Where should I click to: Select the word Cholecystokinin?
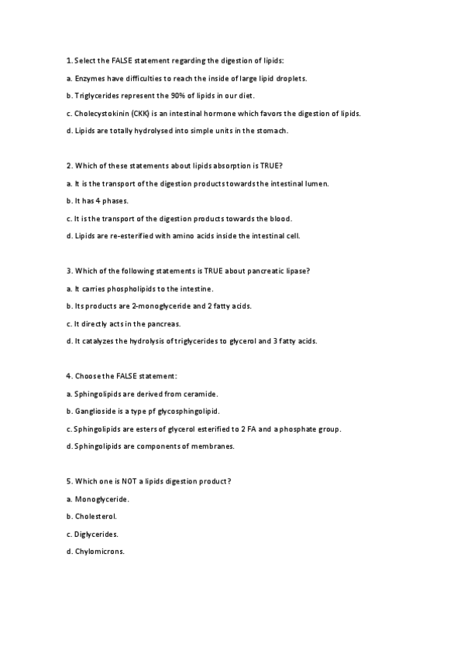coord(102,113)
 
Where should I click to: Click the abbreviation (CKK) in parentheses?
coord(143,113)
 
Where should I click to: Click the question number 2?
coord(69,166)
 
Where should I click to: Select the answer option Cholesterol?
coord(96,516)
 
